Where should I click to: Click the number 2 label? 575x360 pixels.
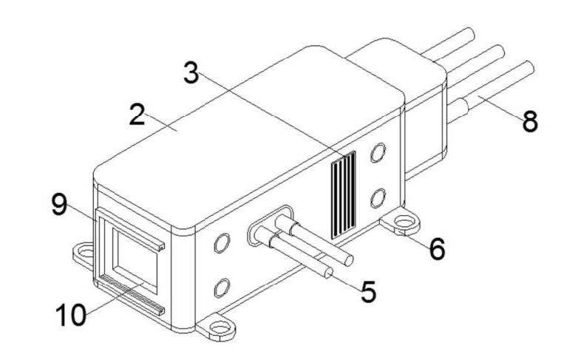click(x=137, y=115)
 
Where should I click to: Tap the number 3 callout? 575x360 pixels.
click(x=191, y=72)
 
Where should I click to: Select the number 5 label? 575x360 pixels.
click(x=368, y=292)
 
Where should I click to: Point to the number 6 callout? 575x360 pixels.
click(x=437, y=249)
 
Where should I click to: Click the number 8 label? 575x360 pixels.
click(x=530, y=121)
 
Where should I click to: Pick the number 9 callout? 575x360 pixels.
click(x=59, y=205)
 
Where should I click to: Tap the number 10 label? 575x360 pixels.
click(x=71, y=315)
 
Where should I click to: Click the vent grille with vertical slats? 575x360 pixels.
click(x=343, y=194)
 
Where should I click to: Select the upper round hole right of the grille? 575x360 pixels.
click(x=378, y=152)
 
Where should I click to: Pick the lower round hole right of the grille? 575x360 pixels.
click(x=378, y=198)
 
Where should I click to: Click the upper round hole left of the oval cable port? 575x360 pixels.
click(x=222, y=242)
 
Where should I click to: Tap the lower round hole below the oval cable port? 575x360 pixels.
click(x=222, y=288)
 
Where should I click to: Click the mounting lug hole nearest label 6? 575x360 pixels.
click(x=404, y=222)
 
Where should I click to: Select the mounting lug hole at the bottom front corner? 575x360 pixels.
click(x=220, y=326)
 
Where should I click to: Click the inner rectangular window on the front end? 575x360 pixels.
click(x=135, y=261)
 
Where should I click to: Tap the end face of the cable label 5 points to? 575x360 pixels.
click(x=329, y=272)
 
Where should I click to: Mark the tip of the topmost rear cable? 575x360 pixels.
click(x=470, y=34)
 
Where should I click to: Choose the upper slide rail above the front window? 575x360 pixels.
click(x=131, y=229)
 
